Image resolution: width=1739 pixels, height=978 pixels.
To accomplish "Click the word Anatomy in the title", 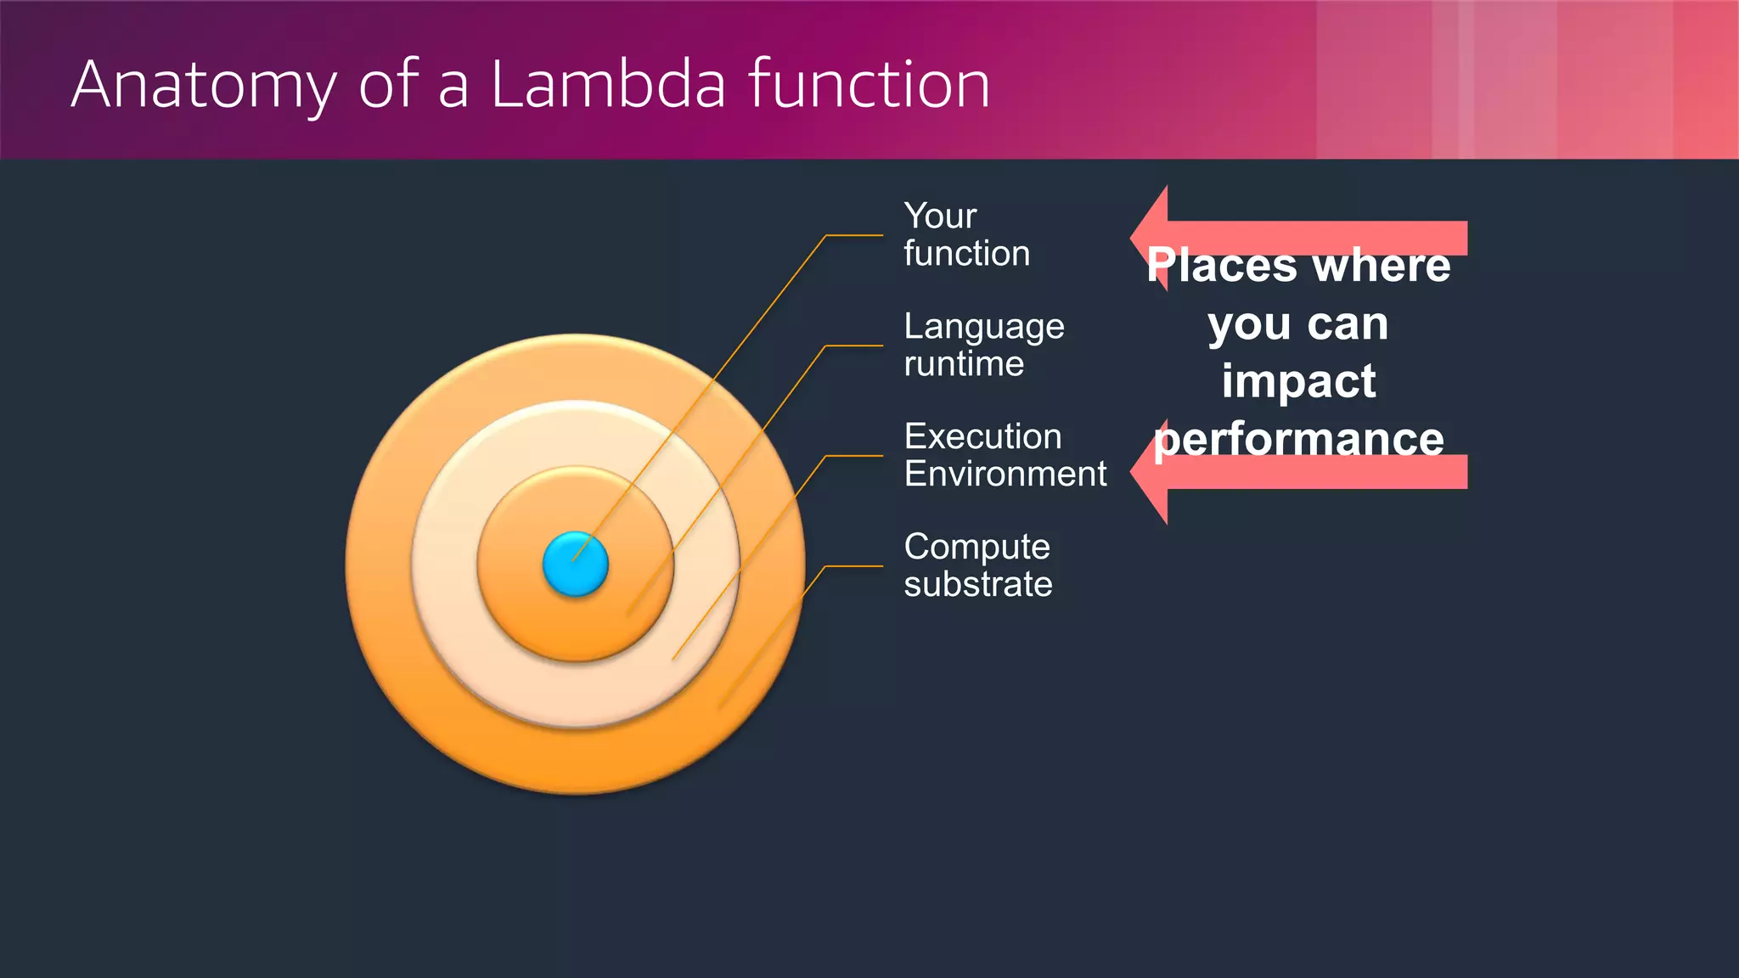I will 204,85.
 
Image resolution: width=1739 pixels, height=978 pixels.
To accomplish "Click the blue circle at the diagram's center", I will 576,564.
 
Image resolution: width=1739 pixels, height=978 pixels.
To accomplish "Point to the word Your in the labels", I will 940,216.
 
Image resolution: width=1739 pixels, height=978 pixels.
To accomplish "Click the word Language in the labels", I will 983,327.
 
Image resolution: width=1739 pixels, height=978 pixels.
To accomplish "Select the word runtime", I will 964,364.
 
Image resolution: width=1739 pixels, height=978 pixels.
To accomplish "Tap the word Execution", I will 982,436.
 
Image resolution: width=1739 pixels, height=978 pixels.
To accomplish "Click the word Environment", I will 1005,474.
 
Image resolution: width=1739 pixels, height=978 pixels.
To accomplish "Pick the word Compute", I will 976,547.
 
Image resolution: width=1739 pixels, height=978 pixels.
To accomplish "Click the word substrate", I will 977,584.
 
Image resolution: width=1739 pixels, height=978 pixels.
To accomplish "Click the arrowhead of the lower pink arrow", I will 1150,472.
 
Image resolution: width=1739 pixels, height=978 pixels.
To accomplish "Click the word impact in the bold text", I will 1298,380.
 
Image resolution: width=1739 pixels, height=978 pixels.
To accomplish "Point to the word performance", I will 1298,439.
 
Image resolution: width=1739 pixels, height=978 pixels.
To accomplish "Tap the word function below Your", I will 966,254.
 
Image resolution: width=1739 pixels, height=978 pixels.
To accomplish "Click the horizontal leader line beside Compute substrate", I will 853,565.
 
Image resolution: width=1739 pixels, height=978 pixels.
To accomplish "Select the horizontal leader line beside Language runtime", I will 853,346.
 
